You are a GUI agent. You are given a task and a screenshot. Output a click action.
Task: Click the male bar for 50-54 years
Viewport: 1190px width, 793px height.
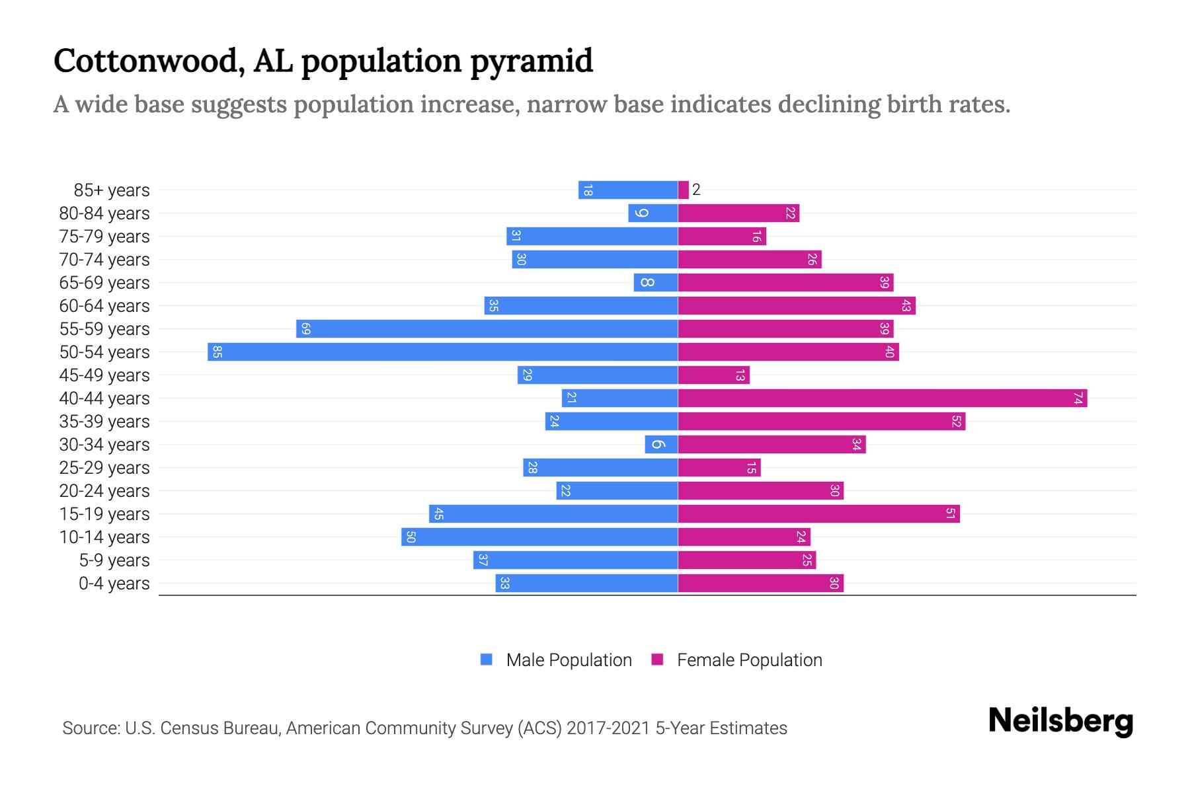click(x=443, y=352)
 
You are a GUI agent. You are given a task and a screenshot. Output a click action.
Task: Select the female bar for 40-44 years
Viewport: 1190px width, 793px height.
click(x=883, y=398)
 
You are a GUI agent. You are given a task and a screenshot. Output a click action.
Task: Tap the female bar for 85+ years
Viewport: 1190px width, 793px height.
click(x=683, y=190)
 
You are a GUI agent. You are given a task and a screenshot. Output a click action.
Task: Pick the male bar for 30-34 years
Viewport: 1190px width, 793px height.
click(x=661, y=444)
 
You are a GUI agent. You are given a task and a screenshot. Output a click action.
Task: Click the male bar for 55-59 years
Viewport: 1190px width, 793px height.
click(x=487, y=328)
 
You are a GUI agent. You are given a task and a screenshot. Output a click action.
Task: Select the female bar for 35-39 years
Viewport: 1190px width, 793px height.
click(x=822, y=421)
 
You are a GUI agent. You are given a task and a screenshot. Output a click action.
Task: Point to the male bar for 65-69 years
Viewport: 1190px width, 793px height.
click(x=656, y=282)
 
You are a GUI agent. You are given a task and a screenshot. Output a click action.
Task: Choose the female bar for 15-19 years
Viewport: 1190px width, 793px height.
click(x=819, y=513)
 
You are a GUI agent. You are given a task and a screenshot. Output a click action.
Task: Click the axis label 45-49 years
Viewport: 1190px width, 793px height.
click(x=104, y=375)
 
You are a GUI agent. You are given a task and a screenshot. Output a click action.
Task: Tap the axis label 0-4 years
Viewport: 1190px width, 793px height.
click(x=114, y=583)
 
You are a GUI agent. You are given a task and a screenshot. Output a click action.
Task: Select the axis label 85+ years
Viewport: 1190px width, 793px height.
click(x=112, y=190)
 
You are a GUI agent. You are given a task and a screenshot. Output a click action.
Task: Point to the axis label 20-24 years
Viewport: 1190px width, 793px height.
click(x=104, y=490)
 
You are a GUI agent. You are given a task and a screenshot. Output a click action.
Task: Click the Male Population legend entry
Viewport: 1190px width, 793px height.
click(x=569, y=660)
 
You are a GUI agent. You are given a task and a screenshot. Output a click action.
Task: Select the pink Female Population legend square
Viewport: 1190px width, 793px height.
click(x=657, y=660)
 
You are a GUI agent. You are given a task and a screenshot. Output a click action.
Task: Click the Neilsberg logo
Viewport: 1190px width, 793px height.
click(x=1060, y=721)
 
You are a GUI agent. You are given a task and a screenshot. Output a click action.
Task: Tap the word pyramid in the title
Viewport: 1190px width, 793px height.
click(x=532, y=61)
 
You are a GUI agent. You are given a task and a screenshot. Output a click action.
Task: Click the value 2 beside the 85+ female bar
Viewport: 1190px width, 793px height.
click(x=696, y=190)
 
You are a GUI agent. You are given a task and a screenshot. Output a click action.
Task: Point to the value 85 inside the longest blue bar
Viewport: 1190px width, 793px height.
click(x=217, y=352)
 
